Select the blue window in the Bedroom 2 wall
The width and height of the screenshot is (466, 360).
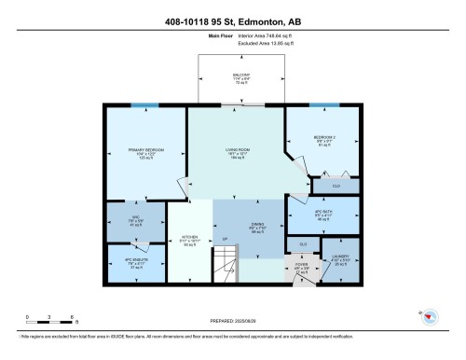323,105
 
